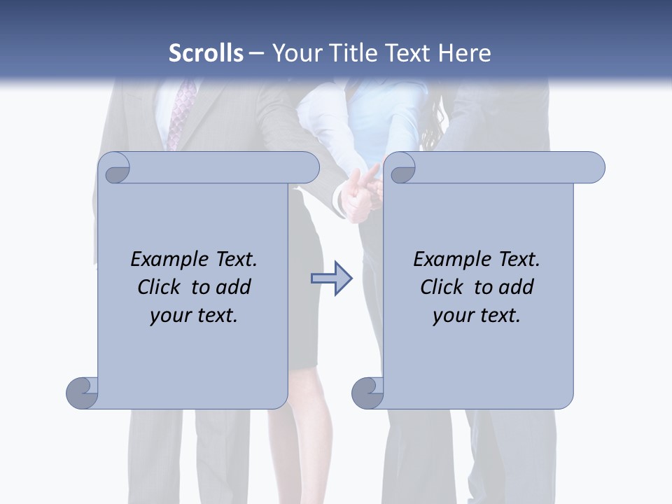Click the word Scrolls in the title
click(206, 53)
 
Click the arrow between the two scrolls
click(331, 279)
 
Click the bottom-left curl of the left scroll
click(83, 392)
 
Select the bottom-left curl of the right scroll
click(367, 392)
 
